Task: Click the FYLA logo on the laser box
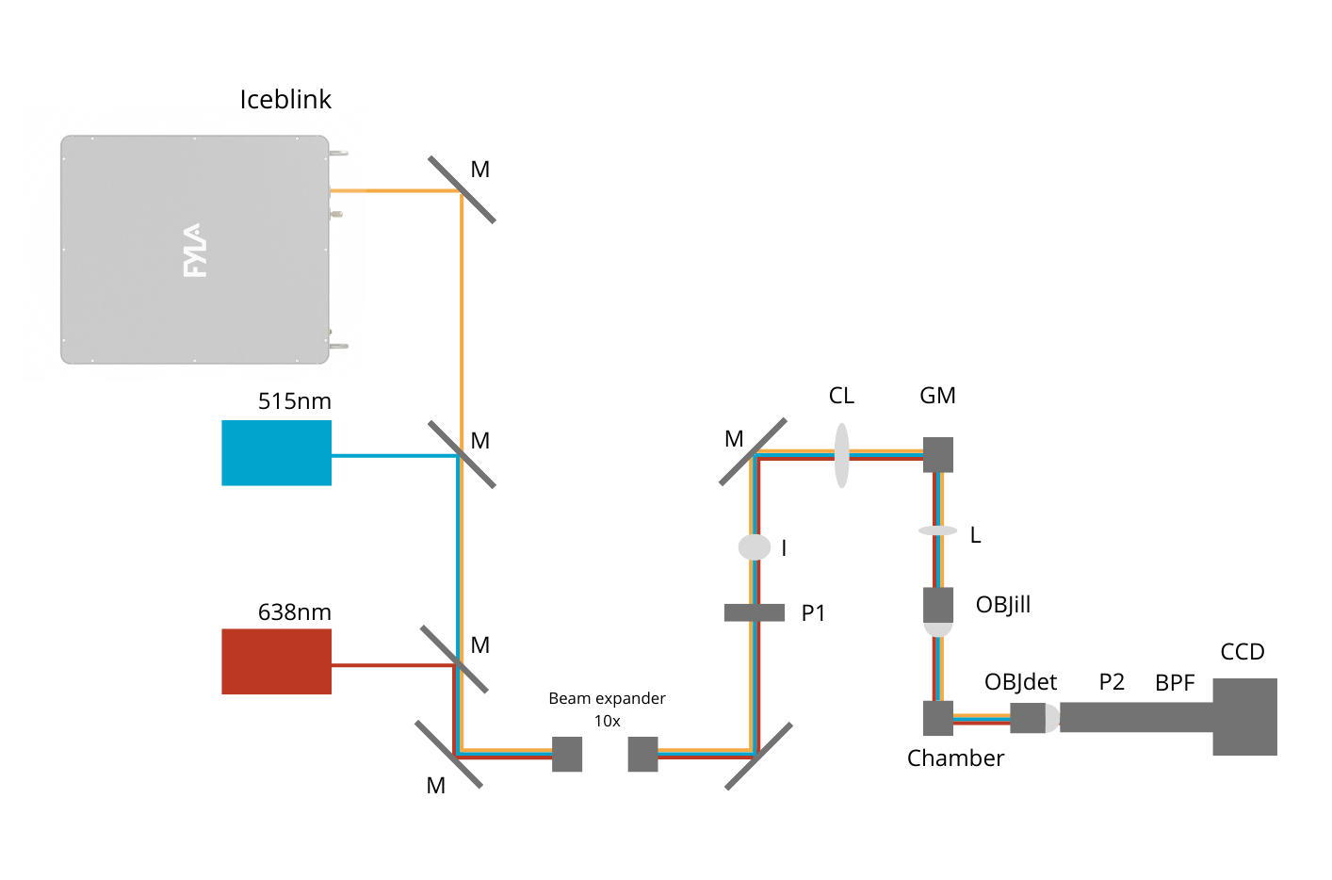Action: tap(193, 251)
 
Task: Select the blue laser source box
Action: tap(277, 453)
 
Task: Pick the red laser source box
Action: tap(277, 661)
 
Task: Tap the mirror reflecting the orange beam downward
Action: tap(462, 190)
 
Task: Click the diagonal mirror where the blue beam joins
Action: tap(462, 455)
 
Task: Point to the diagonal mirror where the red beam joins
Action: tap(454, 660)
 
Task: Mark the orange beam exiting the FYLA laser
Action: tap(396, 191)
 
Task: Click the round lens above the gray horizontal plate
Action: tap(755, 547)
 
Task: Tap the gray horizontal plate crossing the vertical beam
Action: tap(755, 612)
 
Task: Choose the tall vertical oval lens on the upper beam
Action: tap(842, 456)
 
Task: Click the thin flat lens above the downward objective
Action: tap(938, 531)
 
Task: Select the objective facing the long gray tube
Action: tap(1033, 718)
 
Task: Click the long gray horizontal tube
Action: tap(1135, 717)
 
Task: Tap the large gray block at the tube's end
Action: tap(1244, 717)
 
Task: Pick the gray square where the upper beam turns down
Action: tap(938, 455)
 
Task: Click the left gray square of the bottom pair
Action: tap(567, 754)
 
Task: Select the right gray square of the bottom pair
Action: tap(642, 754)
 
